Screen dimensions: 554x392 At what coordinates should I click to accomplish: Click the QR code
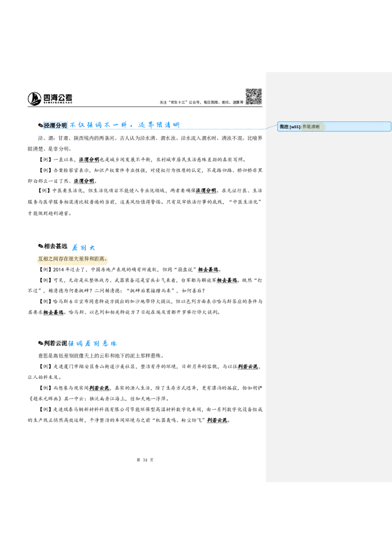point(253,96)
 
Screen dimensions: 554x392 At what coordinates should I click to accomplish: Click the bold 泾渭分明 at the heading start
point(55,126)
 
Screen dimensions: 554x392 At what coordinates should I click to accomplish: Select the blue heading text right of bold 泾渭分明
point(124,126)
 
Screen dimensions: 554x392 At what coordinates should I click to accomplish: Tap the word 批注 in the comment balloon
point(284,127)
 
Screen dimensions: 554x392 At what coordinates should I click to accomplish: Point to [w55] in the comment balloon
point(295,127)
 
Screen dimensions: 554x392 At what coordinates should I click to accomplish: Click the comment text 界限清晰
point(311,127)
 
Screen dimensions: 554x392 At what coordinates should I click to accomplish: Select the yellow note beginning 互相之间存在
point(72,259)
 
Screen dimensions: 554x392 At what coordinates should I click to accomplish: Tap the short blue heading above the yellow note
point(84,247)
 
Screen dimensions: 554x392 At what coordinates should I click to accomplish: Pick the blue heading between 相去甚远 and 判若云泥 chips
point(92,344)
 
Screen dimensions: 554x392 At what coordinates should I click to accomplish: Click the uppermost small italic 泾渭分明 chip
point(90,160)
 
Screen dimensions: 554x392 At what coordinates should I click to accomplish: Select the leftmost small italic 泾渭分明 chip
point(84,182)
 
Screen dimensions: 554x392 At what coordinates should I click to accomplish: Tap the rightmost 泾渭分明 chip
point(206,191)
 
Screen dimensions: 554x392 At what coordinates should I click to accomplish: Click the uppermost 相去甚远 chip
point(208,269)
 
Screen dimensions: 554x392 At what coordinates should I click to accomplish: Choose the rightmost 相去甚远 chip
point(227,280)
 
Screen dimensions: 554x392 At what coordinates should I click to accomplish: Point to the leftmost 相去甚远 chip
point(53,312)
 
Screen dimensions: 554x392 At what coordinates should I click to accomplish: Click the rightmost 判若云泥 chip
point(247,367)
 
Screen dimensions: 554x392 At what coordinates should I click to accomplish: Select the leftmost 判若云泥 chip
point(99,388)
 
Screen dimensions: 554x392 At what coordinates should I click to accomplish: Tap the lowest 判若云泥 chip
point(217,420)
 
